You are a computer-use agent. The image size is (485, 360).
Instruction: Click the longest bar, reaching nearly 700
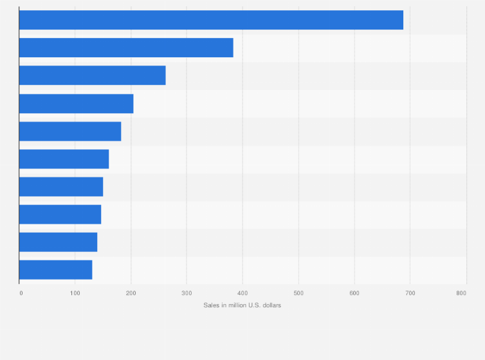click(x=211, y=20)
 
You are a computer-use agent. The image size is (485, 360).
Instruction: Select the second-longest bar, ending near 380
click(x=126, y=48)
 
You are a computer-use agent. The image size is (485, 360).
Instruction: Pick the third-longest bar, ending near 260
click(x=92, y=75)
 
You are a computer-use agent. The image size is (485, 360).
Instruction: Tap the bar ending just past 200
click(x=76, y=104)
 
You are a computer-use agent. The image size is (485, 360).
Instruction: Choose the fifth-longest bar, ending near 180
click(x=70, y=131)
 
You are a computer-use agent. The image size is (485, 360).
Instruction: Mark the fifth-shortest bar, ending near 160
click(x=64, y=159)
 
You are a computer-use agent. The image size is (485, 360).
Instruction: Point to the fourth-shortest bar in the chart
click(x=61, y=186)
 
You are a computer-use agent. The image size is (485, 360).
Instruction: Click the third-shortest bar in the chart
click(x=60, y=214)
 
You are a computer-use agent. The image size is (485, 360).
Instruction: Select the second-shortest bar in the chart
click(x=58, y=242)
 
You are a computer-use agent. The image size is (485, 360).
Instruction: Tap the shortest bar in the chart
click(x=55, y=269)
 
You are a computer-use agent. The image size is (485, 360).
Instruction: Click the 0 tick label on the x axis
click(x=21, y=293)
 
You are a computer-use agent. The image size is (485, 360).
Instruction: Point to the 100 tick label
click(x=75, y=293)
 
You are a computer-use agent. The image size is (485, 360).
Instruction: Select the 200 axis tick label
click(x=131, y=293)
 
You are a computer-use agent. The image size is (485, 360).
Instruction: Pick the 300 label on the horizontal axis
click(x=187, y=293)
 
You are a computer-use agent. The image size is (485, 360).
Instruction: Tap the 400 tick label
click(x=243, y=293)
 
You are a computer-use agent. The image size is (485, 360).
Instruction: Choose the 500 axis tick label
click(x=298, y=293)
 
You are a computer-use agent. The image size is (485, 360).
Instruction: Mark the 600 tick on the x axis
click(x=354, y=293)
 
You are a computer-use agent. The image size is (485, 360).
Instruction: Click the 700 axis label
click(x=409, y=293)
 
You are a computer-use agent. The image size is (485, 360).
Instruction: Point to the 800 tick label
click(x=461, y=293)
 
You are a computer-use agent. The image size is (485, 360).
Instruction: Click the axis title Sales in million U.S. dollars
click(x=243, y=305)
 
